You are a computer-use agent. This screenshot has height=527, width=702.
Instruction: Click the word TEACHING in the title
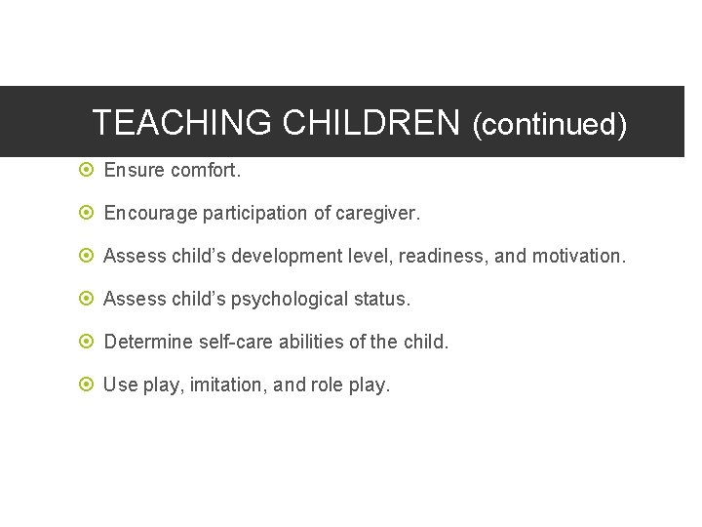tap(181, 123)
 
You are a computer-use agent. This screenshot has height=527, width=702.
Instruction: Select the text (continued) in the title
tap(549, 125)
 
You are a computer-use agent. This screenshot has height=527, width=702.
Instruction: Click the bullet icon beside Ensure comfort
tap(86, 170)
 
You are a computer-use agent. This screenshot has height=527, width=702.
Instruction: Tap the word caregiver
tap(377, 213)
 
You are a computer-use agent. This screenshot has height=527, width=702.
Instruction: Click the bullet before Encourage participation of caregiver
tap(86, 213)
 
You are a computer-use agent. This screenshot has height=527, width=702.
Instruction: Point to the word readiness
tap(443, 256)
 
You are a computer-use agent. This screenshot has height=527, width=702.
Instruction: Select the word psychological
tap(271, 299)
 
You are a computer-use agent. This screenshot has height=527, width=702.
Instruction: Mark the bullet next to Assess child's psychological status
tap(86, 299)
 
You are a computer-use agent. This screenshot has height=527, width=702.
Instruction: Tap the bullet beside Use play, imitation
tap(86, 385)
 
